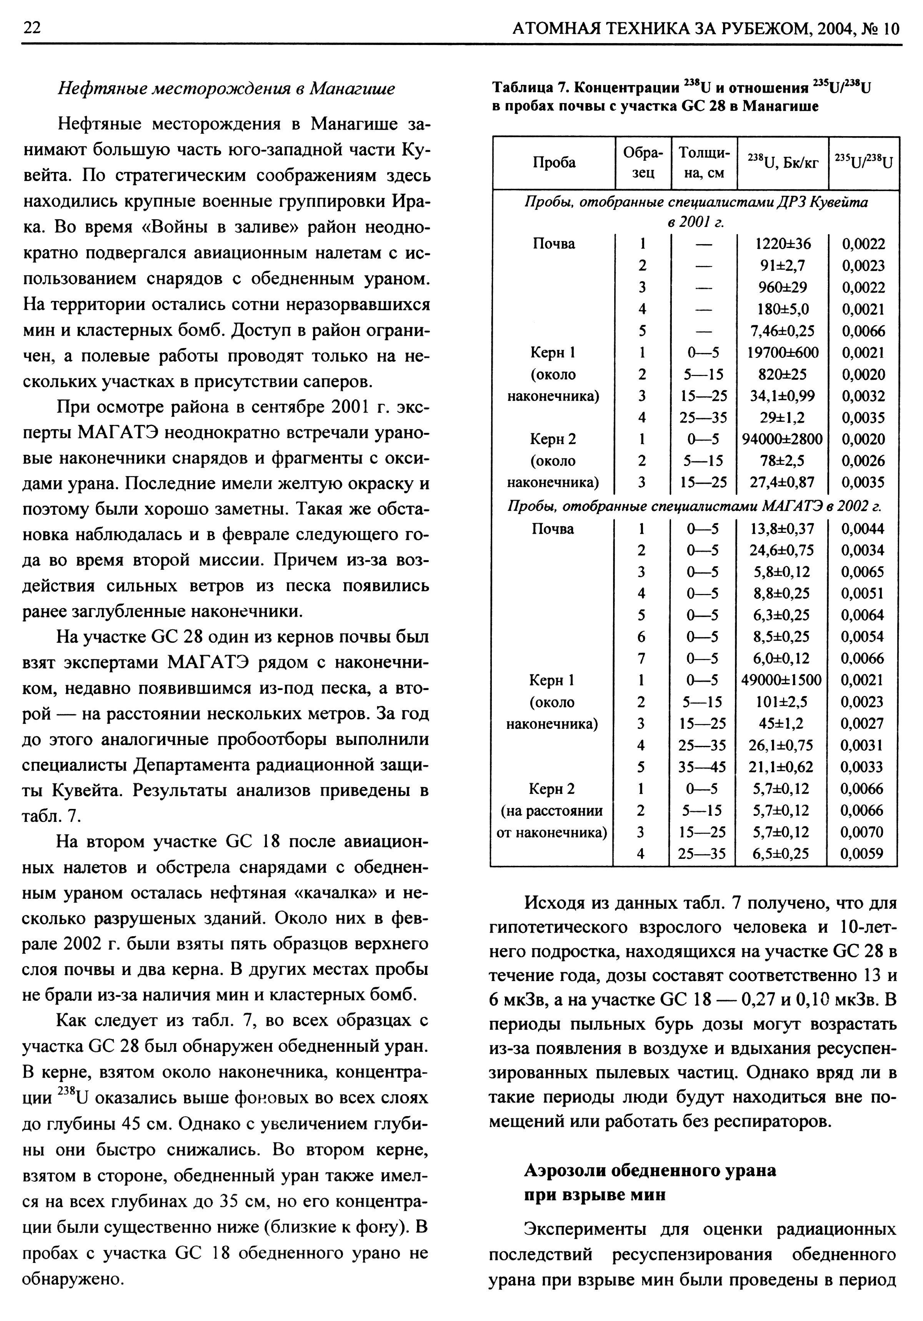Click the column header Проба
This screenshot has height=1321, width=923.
pos(553,163)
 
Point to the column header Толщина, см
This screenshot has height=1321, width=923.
pos(704,163)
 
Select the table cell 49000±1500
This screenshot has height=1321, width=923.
pos(781,680)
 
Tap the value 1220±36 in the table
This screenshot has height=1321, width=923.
pos(783,244)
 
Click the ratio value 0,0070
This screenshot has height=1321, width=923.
pos(862,832)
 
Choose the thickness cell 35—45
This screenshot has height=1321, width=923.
pos(701,767)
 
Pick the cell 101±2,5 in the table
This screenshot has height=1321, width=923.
pos(781,702)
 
